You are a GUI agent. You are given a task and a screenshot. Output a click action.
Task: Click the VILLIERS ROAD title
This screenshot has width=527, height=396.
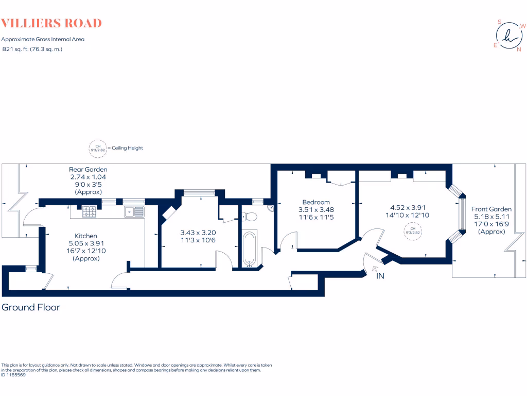[x=51, y=23]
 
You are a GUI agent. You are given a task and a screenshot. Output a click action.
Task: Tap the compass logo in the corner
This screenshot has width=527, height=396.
[x=508, y=36]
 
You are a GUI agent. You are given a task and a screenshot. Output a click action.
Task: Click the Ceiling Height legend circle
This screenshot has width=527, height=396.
[x=97, y=148]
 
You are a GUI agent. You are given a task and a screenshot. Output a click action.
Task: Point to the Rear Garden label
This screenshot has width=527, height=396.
[x=89, y=169]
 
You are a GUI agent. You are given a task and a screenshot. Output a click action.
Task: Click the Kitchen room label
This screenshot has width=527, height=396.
[x=86, y=236]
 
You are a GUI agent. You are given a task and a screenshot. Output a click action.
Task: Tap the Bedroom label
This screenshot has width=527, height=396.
[x=316, y=202]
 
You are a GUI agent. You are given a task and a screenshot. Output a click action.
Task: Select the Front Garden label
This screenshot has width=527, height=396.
[x=491, y=209]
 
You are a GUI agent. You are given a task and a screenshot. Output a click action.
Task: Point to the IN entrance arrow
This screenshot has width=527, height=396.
[x=375, y=269]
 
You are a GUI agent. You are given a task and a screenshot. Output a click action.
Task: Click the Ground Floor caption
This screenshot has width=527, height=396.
[x=31, y=307]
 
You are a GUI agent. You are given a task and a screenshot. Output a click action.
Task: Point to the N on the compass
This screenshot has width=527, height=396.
[x=519, y=49]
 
